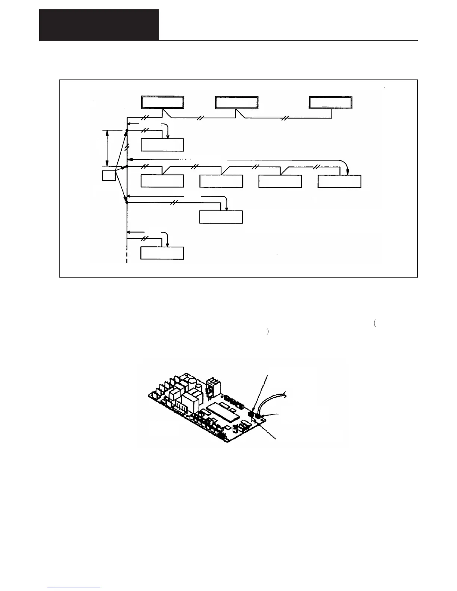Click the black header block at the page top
(99, 25)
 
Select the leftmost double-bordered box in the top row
(162, 103)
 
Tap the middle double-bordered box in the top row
(237, 103)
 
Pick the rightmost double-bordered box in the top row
(330, 103)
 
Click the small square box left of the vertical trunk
(109, 176)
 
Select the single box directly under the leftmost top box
(162, 145)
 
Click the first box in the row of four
(162, 181)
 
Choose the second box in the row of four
(221, 181)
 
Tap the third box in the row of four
(280, 181)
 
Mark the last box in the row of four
(339, 181)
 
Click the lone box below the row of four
(221, 217)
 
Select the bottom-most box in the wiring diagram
(162, 253)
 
